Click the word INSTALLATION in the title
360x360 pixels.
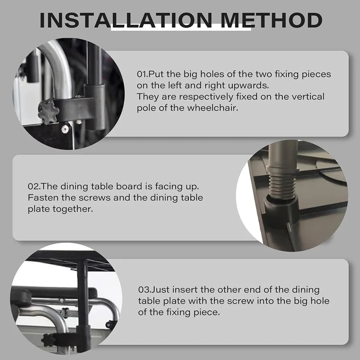(126, 20)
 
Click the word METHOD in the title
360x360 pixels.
(271, 20)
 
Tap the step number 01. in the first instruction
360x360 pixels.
(143, 74)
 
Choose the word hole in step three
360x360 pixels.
(320, 301)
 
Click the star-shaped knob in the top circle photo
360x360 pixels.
(48, 111)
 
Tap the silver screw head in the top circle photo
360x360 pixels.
(65, 129)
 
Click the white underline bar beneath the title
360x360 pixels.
(181, 29)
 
